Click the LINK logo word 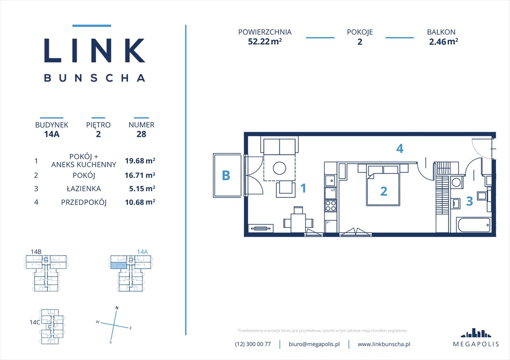94,50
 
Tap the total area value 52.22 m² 265,41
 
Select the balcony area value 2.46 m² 443,41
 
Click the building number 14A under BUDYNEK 52,134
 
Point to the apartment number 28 141,134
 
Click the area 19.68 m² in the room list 140,161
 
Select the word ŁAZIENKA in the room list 84,189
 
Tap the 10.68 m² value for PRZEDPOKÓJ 140,202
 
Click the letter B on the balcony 226,176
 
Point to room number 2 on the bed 384,191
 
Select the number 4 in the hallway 399,149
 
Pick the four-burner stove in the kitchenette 331,205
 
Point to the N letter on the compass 116,308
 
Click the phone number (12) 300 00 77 253,344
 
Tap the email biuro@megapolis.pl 314,344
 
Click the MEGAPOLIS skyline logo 476,333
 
